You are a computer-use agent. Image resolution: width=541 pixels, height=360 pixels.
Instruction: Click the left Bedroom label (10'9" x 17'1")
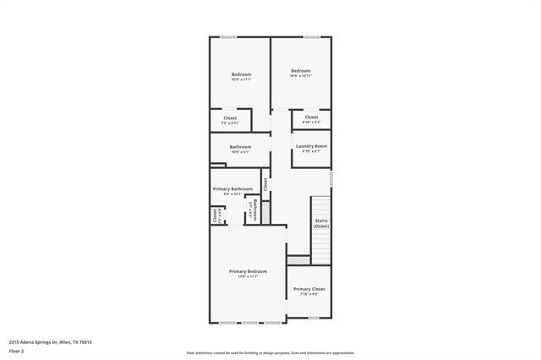click(x=241, y=76)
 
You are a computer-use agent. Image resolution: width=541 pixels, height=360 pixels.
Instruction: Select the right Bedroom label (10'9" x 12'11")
click(x=301, y=73)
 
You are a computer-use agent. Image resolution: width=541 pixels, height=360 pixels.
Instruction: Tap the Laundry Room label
click(x=311, y=148)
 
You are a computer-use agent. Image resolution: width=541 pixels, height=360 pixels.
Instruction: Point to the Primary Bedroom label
click(x=248, y=273)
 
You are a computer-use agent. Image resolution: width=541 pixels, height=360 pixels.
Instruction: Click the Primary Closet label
click(x=309, y=291)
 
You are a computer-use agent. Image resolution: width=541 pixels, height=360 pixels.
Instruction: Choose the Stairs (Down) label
click(x=321, y=223)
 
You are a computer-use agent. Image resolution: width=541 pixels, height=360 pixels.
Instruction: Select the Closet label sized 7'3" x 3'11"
click(x=230, y=119)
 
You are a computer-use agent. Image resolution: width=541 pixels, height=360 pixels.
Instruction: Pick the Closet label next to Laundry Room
click(x=311, y=118)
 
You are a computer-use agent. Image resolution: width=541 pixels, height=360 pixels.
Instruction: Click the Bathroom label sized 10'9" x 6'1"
click(x=240, y=149)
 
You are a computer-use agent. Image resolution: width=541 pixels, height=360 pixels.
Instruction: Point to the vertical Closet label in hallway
click(x=265, y=183)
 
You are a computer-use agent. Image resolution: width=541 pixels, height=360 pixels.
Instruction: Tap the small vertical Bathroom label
click(x=252, y=210)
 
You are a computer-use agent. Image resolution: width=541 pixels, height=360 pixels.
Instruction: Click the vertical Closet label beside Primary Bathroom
click(x=215, y=215)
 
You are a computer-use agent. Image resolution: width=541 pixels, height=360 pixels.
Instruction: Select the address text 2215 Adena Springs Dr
click(x=51, y=341)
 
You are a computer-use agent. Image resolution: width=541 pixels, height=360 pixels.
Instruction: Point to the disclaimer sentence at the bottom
click(x=270, y=353)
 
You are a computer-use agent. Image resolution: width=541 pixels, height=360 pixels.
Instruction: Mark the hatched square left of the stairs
click(x=298, y=260)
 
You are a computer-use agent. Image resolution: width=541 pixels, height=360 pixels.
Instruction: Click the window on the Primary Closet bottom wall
click(x=314, y=318)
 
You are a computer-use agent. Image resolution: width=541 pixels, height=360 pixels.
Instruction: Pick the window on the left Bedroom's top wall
click(x=228, y=36)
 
